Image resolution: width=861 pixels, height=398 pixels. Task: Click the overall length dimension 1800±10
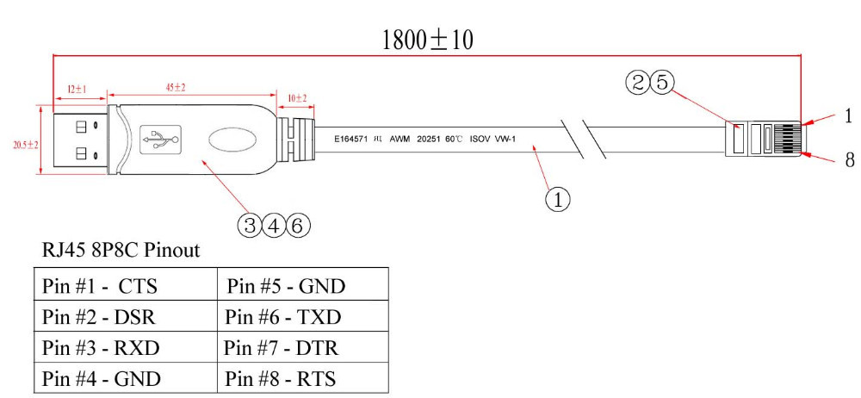click(x=428, y=40)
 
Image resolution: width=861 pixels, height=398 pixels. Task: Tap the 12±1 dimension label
click(x=77, y=88)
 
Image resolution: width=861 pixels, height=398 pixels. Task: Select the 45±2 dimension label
click(x=176, y=88)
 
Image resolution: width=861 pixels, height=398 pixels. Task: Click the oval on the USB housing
click(x=232, y=138)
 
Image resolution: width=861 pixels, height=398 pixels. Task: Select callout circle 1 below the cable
click(x=557, y=199)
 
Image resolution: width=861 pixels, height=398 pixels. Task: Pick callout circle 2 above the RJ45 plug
click(x=638, y=83)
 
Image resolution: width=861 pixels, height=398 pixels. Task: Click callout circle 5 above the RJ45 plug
click(x=660, y=83)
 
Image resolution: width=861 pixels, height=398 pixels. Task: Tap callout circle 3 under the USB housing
click(x=250, y=226)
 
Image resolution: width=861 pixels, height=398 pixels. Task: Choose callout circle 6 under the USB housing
click(x=295, y=226)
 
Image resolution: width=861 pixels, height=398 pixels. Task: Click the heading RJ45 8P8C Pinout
click(x=121, y=251)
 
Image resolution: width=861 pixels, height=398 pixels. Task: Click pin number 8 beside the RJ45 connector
click(x=848, y=160)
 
